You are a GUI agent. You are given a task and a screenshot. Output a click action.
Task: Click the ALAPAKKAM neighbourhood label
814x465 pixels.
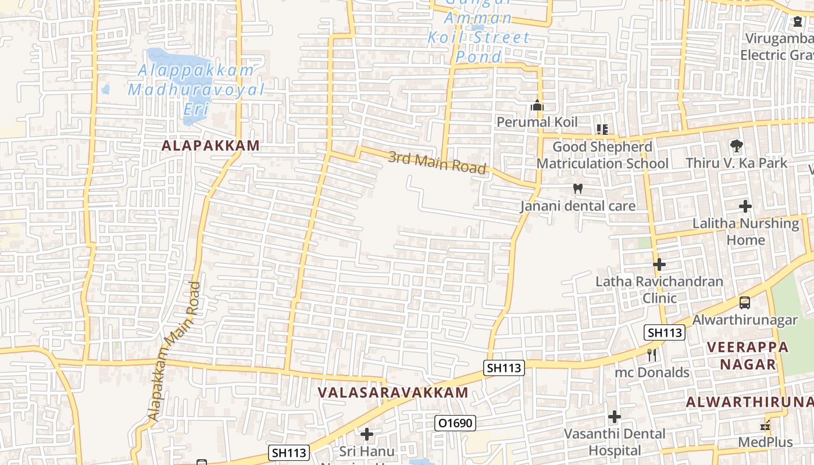(x=210, y=146)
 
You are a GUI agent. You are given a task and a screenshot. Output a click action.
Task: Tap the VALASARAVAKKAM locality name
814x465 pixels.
(x=393, y=392)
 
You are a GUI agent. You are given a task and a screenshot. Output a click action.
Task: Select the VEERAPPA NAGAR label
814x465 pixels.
(x=748, y=356)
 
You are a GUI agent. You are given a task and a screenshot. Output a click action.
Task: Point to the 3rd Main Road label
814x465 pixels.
(x=437, y=162)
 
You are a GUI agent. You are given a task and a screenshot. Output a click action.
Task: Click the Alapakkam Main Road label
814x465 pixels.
(x=173, y=352)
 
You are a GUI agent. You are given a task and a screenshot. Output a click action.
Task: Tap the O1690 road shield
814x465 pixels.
(x=455, y=423)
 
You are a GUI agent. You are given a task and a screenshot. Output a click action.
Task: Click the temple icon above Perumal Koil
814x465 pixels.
(x=537, y=106)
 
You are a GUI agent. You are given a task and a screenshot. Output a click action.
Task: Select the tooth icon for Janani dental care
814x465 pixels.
(x=577, y=188)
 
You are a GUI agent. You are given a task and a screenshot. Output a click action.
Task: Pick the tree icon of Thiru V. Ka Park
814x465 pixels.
(x=736, y=145)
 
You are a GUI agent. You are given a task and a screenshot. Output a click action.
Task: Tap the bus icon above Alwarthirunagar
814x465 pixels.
(x=744, y=302)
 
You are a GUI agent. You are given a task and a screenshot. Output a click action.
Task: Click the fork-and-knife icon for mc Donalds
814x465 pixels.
(x=652, y=355)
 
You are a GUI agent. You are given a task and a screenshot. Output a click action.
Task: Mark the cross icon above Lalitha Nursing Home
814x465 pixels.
(x=745, y=206)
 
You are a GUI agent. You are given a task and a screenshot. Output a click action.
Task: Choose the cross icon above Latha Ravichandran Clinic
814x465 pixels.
(x=659, y=264)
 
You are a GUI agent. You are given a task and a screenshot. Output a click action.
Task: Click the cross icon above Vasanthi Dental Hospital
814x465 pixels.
(x=615, y=417)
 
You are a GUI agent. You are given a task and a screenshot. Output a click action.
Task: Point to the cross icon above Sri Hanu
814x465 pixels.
(x=366, y=434)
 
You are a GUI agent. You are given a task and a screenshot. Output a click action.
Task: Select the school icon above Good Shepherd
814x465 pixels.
(x=602, y=130)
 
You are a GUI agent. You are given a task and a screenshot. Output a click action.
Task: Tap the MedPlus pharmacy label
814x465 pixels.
(x=765, y=442)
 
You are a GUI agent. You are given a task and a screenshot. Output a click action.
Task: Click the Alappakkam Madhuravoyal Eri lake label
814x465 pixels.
(x=196, y=90)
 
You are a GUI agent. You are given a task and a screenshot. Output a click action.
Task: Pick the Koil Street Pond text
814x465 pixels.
(x=479, y=47)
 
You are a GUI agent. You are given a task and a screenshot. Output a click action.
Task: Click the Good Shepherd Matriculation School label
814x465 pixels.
(x=602, y=155)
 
